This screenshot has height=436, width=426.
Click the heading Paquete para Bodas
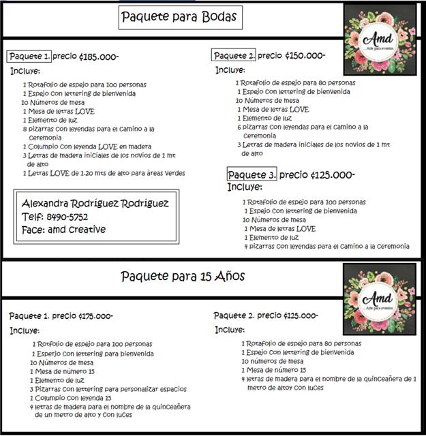click(x=180, y=17)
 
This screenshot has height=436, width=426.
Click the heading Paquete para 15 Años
click(x=183, y=277)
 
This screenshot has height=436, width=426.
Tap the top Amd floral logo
click(x=380, y=40)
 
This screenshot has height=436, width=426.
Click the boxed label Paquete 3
click(x=252, y=175)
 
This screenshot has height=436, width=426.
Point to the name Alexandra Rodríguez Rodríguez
click(x=95, y=204)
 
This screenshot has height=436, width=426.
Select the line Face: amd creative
click(x=64, y=230)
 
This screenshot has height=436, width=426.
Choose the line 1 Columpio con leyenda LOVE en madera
click(x=87, y=146)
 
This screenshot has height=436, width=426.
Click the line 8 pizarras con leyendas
click(x=89, y=128)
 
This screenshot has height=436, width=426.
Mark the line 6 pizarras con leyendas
click(x=303, y=127)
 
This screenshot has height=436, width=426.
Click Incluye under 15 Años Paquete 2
click(x=229, y=330)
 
